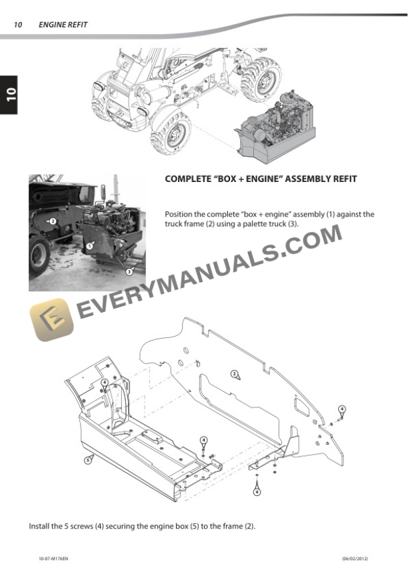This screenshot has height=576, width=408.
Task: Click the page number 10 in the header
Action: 17,25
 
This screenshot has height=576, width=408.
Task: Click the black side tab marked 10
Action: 9,95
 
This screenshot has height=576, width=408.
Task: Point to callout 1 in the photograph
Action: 89,247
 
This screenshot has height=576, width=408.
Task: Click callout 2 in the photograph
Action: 53,221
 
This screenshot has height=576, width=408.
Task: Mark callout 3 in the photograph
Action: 129,272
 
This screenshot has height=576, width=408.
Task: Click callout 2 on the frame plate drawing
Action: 234,374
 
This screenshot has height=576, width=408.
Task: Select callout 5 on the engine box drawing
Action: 88,459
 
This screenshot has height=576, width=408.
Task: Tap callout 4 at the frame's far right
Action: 342,409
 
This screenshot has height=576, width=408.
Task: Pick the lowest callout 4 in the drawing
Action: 257,491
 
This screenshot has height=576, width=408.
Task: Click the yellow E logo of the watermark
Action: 51,319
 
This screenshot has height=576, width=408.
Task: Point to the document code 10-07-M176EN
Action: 53,559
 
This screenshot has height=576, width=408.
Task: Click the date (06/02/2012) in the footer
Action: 355,559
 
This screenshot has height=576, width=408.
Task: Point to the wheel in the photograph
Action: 39,255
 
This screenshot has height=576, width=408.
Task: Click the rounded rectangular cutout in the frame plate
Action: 301,407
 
